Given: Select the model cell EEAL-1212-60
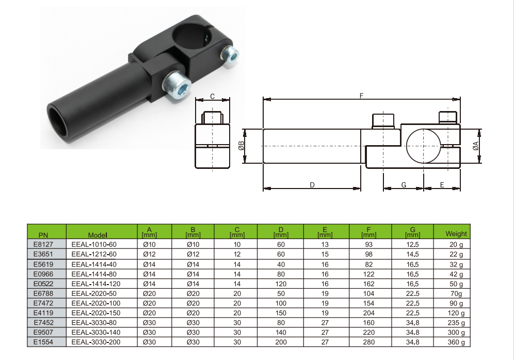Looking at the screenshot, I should tap(94, 254).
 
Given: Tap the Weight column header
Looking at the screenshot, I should tap(456, 233).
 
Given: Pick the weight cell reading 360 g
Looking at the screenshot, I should tap(456, 342).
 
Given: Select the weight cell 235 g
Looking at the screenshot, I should tap(456, 323).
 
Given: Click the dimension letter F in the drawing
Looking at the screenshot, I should tap(361, 96).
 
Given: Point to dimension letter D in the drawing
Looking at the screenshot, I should tap(312, 185).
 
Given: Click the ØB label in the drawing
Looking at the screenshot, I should tap(241, 146).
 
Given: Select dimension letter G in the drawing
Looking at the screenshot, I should tap(404, 185).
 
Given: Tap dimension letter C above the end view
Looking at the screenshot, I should tap(212, 96).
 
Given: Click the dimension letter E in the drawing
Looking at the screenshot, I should tap(442, 185).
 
